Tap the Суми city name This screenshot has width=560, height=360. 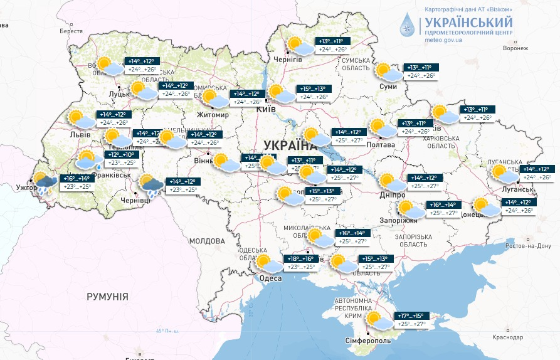[388, 87]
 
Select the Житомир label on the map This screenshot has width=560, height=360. [212, 115]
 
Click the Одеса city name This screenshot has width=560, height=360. [270, 278]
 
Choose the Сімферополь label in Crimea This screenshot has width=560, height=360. [368, 340]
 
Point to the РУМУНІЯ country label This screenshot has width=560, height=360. [107, 297]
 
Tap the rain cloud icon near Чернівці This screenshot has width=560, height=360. [151, 184]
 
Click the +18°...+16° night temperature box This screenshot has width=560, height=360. [300, 259]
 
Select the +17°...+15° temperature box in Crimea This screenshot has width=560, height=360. [411, 316]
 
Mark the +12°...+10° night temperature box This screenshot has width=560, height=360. [121, 154]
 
